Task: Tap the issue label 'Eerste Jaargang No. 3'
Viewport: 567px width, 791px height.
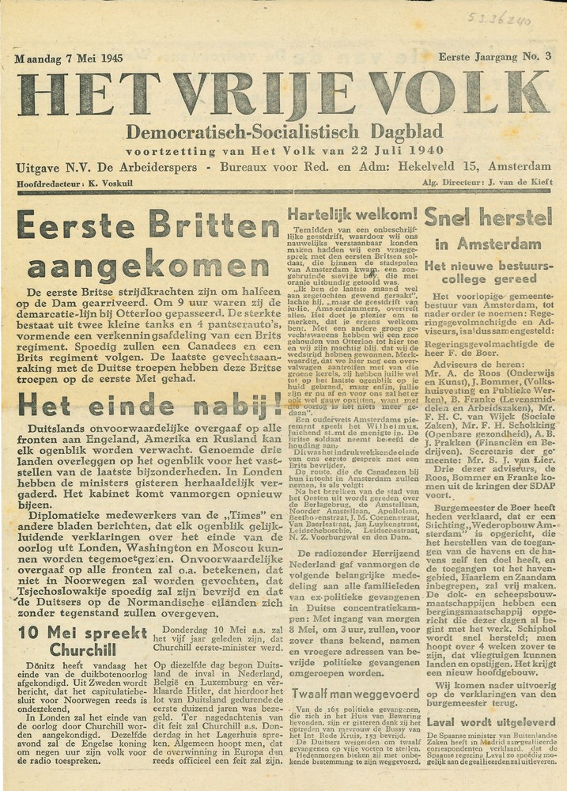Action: (495, 55)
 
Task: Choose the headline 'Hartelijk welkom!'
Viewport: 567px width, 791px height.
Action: (352, 214)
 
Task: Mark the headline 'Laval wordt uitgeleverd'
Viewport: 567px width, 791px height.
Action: (487, 721)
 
